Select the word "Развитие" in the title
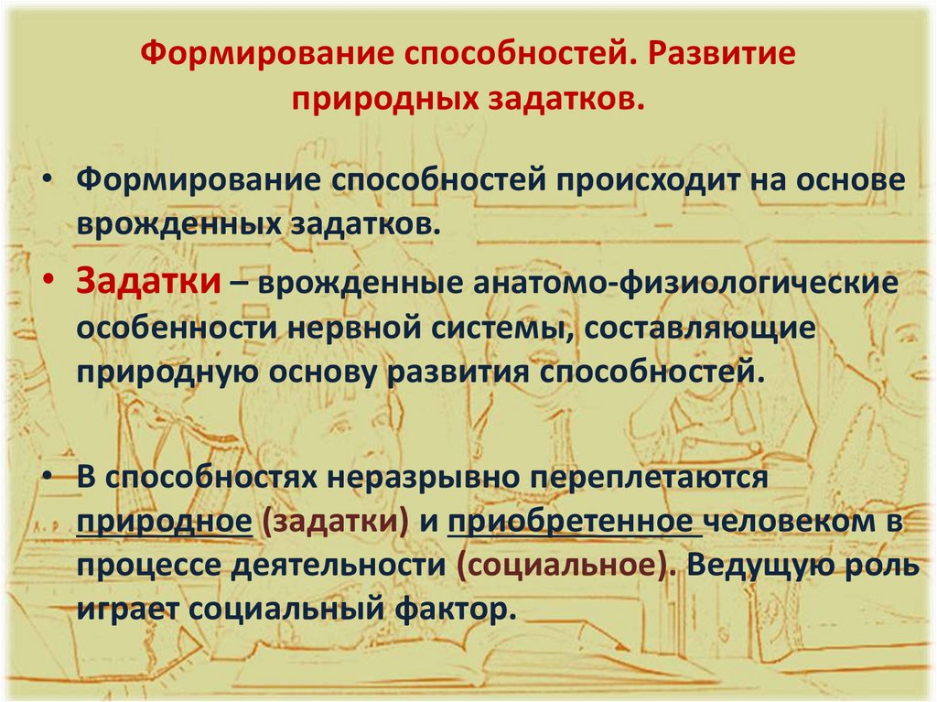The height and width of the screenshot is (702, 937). (723, 54)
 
